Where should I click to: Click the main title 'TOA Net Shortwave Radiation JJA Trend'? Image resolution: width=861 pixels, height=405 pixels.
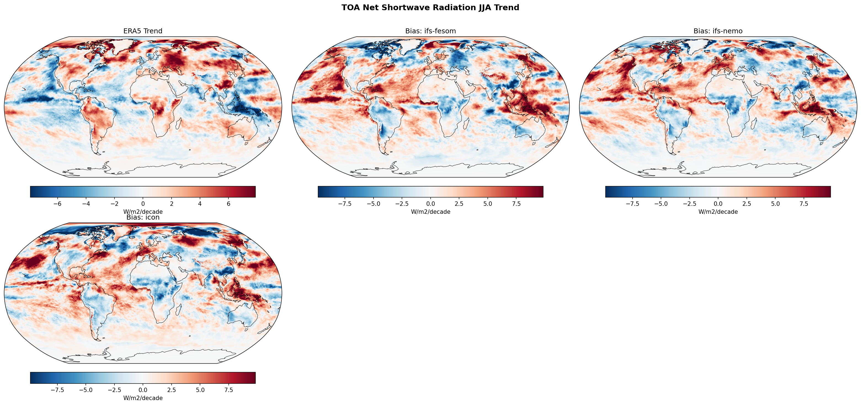pos(430,8)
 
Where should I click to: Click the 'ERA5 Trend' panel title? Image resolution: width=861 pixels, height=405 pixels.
pos(143,31)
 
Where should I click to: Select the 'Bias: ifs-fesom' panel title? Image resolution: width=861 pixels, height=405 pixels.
pos(430,31)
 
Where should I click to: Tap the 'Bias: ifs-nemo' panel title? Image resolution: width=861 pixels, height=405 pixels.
pos(718,31)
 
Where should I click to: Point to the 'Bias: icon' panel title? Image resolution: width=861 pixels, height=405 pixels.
pos(143,217)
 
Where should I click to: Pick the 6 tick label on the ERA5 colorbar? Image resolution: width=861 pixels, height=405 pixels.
pos(229,204)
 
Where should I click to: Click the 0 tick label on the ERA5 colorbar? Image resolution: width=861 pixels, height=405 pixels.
pos(143,204)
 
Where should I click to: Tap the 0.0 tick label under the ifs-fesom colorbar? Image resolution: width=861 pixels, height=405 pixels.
pos(430,204)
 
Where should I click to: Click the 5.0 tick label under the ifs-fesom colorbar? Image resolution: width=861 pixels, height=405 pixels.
pos(488,204)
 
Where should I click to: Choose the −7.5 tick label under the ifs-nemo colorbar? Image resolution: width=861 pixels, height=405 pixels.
pos(632,204)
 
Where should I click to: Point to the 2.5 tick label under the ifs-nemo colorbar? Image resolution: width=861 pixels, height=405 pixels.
pos(747,204)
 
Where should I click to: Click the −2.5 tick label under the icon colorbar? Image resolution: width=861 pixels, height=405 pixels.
pos(114,390)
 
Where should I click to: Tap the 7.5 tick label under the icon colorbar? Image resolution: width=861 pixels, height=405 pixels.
pos(229,390)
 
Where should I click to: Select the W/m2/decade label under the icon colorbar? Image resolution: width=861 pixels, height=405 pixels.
pos(143,398)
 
